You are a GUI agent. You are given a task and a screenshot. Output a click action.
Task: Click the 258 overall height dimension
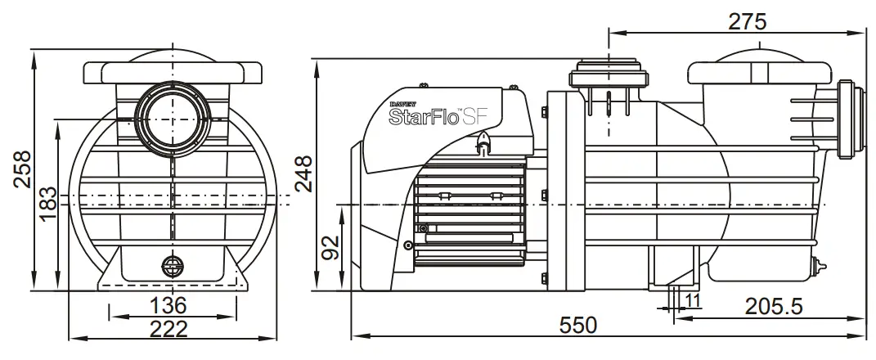22,169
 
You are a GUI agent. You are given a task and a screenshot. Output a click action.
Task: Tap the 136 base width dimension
170,306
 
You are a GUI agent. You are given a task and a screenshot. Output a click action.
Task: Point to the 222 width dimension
170,329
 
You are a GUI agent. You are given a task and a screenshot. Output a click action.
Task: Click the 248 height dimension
304,173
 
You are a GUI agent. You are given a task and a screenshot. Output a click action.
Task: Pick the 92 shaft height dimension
330,249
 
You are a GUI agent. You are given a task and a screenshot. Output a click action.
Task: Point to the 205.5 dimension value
774,306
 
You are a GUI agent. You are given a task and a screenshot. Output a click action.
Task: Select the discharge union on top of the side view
609,74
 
